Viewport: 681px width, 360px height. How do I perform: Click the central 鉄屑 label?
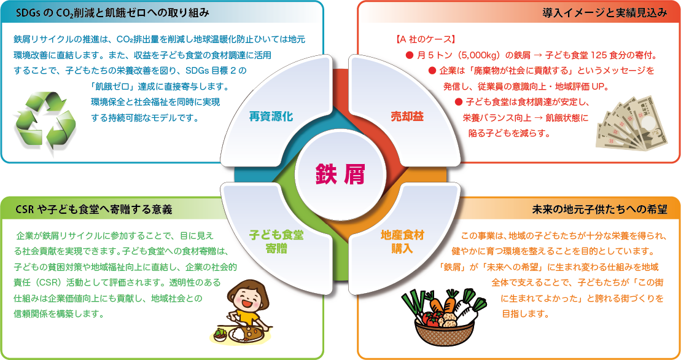pos(340,174)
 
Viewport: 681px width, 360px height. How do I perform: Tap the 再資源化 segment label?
pos(271,116)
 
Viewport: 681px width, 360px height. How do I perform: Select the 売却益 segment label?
pos(407,116)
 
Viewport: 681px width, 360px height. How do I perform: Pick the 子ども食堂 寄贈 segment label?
pos(276,242)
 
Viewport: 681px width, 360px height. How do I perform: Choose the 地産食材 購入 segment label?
pos(402,242)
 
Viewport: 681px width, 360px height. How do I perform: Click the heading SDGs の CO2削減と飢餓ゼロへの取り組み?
pos(112,13)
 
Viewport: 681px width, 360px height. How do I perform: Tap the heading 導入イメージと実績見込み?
pos(605,13)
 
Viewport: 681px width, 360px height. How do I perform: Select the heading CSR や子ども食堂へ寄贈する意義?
pos(94,209)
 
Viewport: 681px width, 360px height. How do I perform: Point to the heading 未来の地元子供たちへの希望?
pos(600,209)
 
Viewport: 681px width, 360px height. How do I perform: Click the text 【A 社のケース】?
pos(425,39)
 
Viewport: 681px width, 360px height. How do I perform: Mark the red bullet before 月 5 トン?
pos(409,55)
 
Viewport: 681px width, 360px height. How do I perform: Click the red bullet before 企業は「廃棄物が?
pos(432,71)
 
